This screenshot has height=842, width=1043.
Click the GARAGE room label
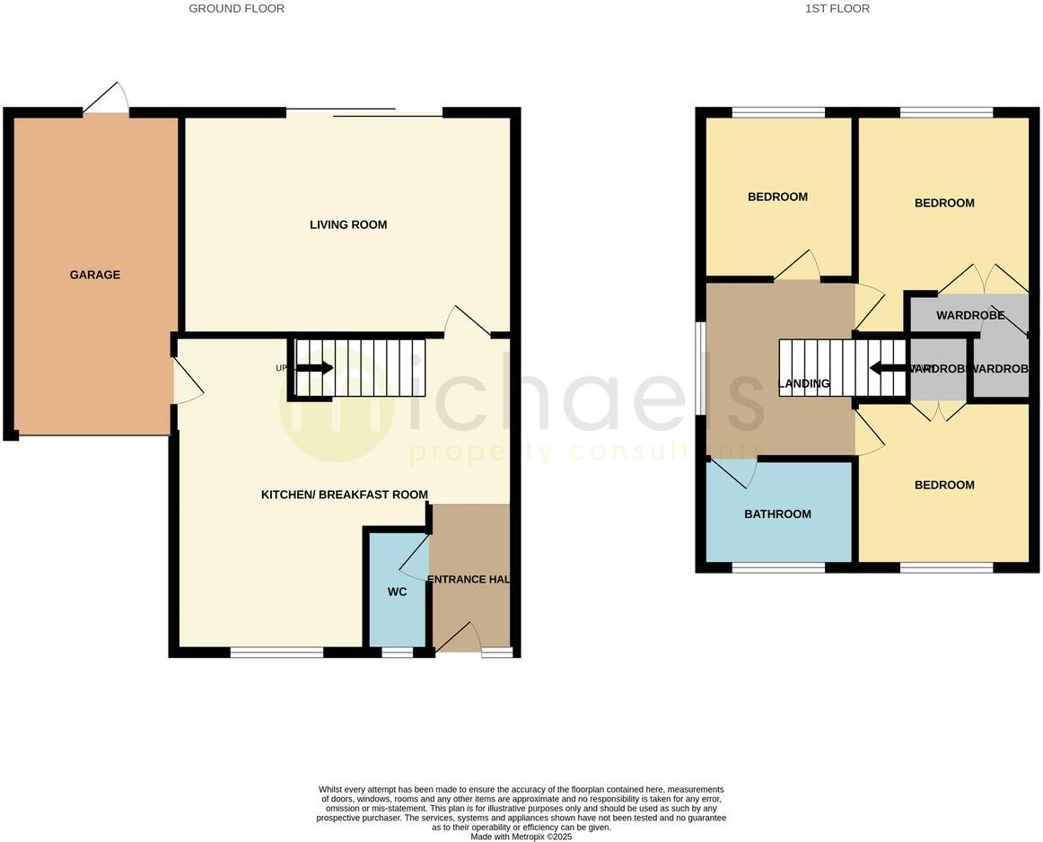(95, 275)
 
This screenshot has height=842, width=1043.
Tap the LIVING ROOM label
(348, 224)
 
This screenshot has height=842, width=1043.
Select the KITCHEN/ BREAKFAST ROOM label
(345, 495)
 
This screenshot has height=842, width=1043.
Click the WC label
(398, 592)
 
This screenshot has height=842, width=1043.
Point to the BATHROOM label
(777, 514)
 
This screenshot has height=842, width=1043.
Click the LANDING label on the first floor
(803, 384)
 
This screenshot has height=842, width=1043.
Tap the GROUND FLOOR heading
(237, 9)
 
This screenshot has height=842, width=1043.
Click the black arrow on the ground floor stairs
(314, 368)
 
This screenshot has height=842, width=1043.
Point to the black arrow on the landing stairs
(888, 368)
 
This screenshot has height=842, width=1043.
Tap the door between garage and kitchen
(188, 382)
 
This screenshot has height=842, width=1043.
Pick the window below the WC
(397, 653)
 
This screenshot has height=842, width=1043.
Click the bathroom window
(778, 567)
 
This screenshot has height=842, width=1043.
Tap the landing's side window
(701, 369)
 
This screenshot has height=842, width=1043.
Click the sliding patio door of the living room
(364, 112)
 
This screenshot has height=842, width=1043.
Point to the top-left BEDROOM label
(777, 197)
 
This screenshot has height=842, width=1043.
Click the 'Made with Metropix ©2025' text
(521, 837)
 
